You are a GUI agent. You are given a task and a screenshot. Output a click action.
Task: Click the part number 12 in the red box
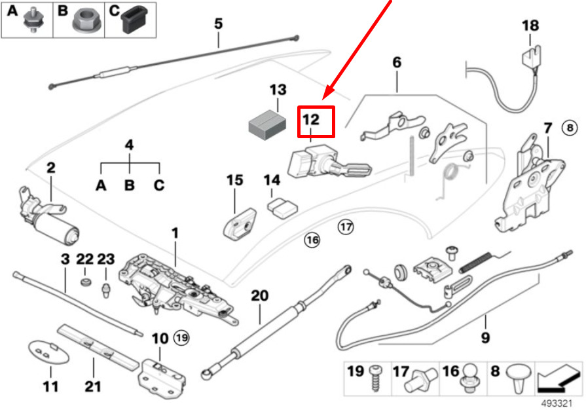coord(312,120)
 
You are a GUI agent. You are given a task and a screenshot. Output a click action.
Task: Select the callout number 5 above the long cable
coord(218,24)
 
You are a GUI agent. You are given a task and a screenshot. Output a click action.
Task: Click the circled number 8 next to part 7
coord(570,127)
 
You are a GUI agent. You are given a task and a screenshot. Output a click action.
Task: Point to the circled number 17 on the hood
coord(345,227)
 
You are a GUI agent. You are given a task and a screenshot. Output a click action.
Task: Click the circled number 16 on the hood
coord(312,240)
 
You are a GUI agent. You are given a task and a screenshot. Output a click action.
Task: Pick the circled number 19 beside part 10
coord(181,338)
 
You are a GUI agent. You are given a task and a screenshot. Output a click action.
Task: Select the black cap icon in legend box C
coord(136,22)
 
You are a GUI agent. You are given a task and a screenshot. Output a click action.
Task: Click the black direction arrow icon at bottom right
coord(557,378)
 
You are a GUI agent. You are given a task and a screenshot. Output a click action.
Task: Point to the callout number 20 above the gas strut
coord(260,295)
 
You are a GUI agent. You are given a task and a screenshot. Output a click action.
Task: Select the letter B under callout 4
coord(130,185)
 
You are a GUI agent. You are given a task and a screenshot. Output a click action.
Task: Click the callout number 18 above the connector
coord(530,26)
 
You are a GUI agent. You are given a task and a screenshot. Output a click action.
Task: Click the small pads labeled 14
coord(282,208)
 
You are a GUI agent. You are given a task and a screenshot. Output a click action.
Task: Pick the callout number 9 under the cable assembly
coord(485,338)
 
